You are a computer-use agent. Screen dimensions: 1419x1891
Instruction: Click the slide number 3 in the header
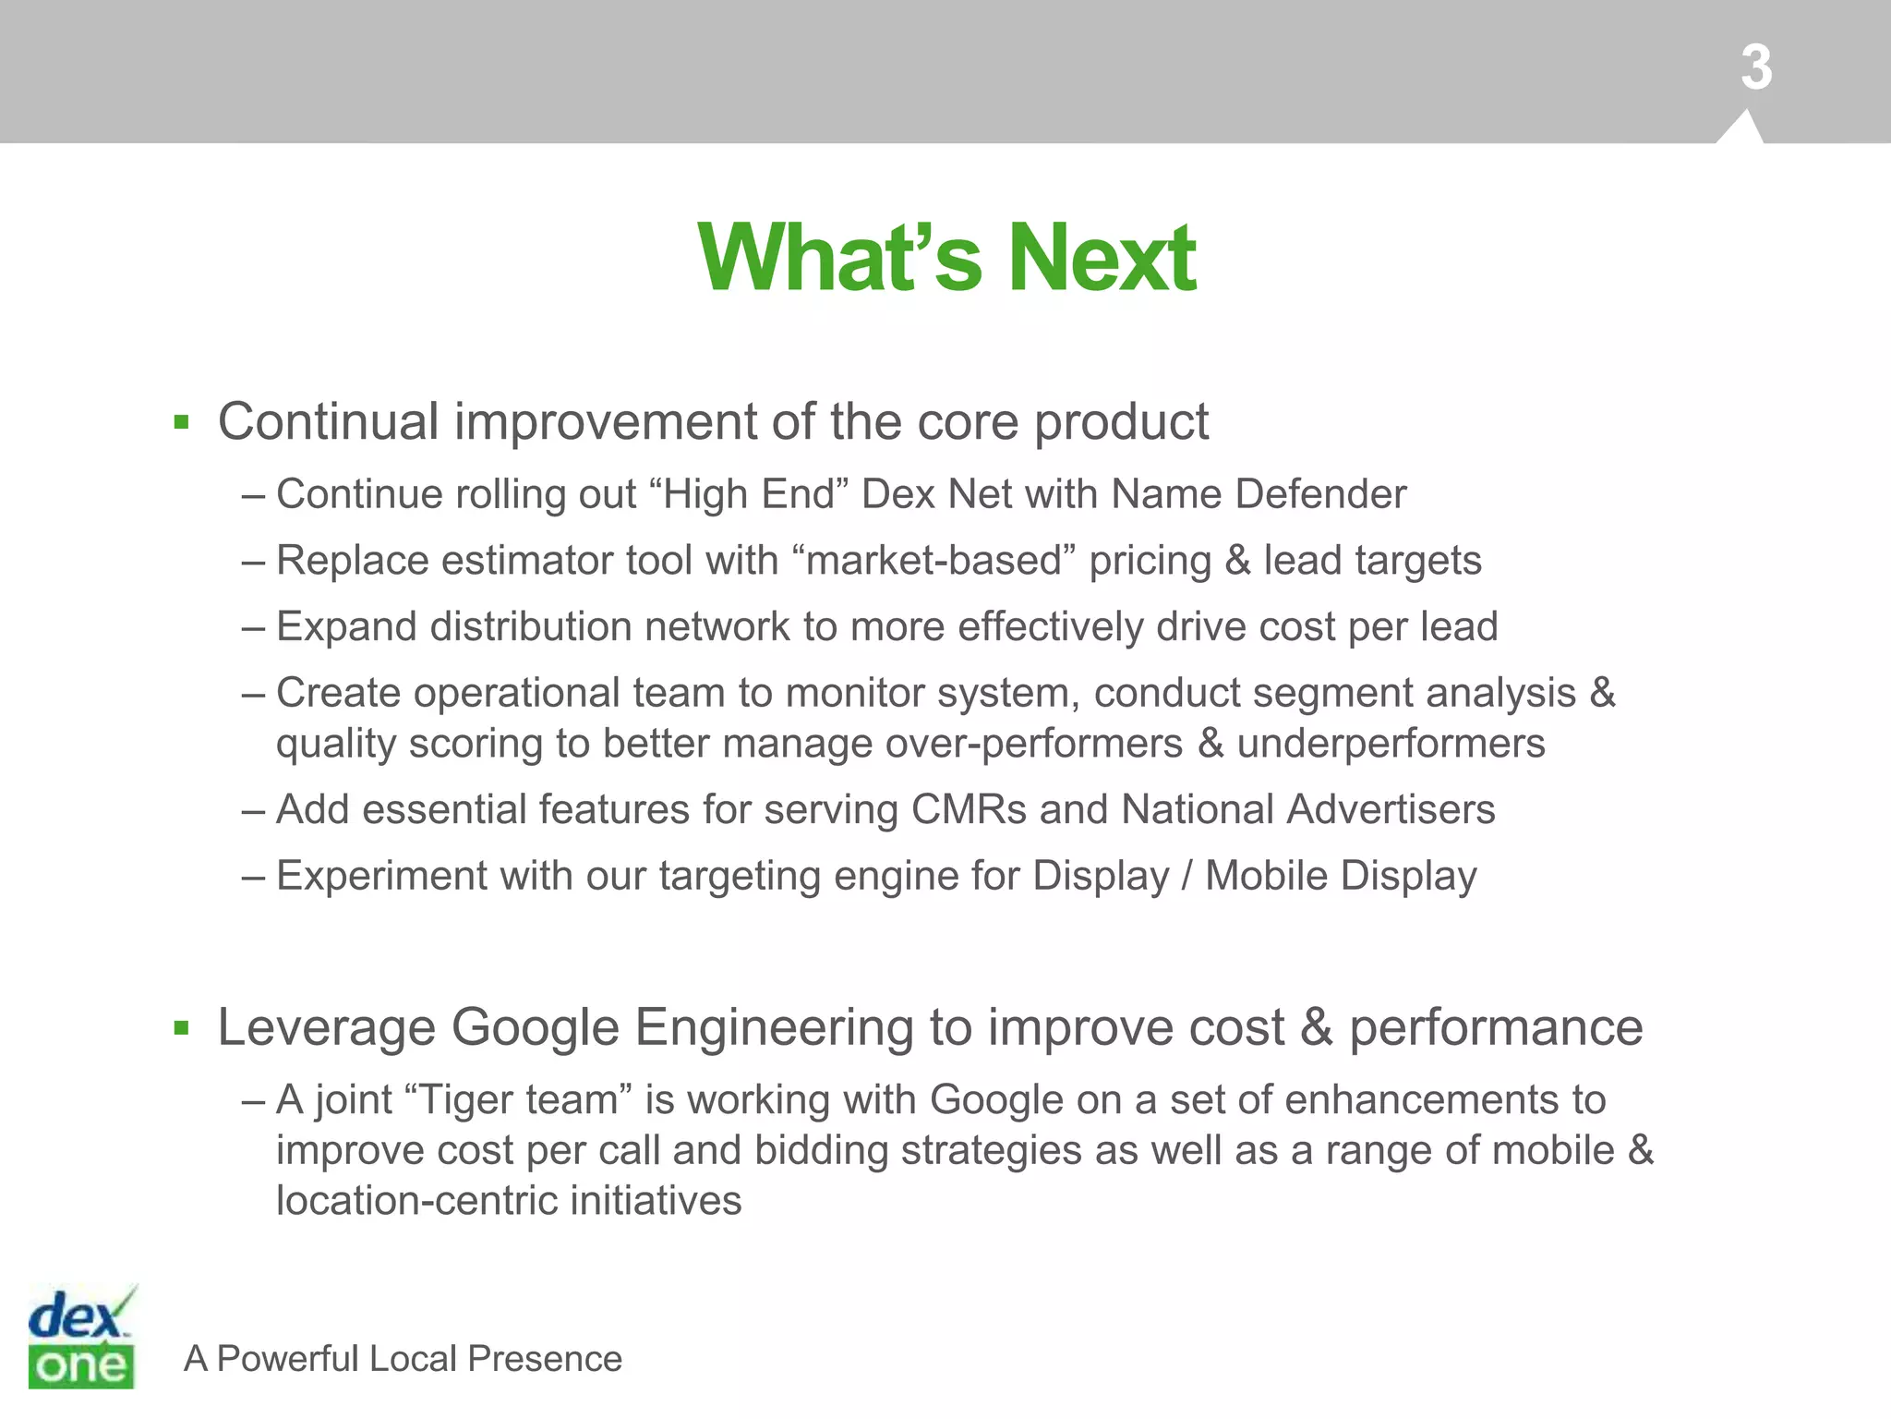[x=1756, y=68]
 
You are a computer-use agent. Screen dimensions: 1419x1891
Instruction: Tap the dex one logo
[x=81, y=1336]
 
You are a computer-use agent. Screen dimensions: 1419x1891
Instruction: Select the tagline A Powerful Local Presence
[x=403, y=1359]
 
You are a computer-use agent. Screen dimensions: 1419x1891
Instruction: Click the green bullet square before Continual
[x=181, y=424]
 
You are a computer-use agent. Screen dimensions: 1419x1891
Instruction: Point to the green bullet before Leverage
[x=181, y=1028]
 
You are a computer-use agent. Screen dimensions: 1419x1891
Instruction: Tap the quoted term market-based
[x=934, y=561]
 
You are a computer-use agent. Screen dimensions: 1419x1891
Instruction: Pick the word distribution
[x=531, y=627]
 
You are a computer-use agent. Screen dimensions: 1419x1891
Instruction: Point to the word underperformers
[x=1391, y=744]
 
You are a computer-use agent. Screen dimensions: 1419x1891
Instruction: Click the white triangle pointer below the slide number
[x=1741, y=128]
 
